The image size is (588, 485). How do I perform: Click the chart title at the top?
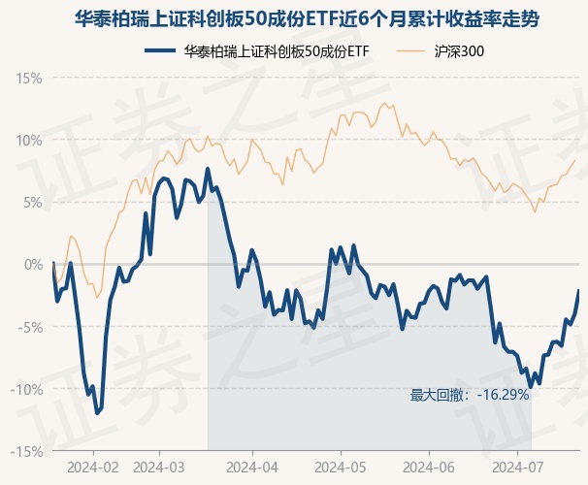[x=294, y=19]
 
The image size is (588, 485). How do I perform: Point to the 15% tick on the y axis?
[x=30, y=77]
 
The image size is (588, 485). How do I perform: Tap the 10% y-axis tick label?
[x=30, y=140]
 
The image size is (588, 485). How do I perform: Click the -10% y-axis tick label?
[x=28, y=389]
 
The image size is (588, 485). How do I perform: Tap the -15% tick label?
[x=28, y=451]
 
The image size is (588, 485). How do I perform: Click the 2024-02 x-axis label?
[x=93, y=467]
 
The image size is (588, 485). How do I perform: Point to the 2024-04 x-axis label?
[x=251, y=467]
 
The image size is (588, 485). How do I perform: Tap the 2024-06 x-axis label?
[x=427, y=467]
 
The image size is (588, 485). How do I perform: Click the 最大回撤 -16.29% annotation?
[x=470, y=395]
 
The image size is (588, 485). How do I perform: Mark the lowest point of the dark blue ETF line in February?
[x=97, y=413]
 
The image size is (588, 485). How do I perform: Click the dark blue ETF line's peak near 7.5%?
[x=208, y=170]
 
